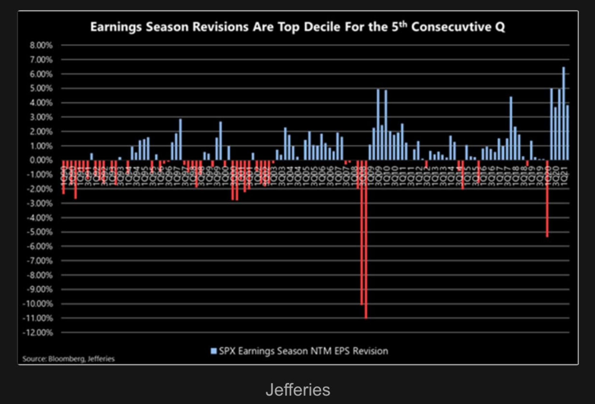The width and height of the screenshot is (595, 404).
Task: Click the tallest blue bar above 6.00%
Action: [563, 113]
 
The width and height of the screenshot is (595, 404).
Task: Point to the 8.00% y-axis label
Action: [41, 45]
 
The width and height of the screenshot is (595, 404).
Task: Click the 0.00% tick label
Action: [41, 160]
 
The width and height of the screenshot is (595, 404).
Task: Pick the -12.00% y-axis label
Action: [38, 333]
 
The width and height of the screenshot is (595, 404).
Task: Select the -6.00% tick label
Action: [40, 247]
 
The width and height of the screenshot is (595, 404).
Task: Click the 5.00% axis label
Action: [41, 89]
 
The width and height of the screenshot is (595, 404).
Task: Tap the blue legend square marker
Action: [213, 351]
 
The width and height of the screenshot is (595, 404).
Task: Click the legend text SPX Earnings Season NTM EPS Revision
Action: [303, 351]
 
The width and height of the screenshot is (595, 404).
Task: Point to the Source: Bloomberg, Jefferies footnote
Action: [68, 359]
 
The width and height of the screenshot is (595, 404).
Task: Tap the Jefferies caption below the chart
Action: [298, 390]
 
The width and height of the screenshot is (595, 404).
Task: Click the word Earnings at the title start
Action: [116, 27]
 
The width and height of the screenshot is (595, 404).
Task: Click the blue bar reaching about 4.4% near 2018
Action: [511, 129]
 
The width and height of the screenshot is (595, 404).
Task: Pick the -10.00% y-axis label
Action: [38, 304]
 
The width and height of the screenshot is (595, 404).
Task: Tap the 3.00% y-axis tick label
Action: [41, 117]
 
